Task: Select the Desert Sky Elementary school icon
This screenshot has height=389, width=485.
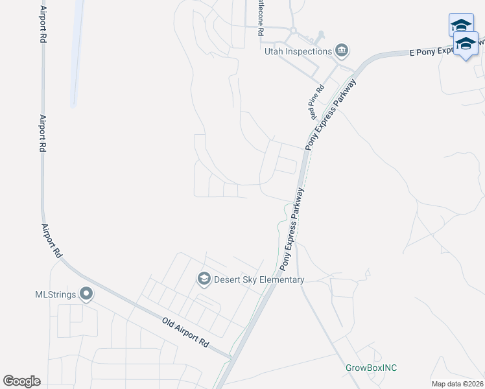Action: [x=204, y=279]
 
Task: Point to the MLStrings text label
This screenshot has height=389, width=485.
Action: [x=55, y=294]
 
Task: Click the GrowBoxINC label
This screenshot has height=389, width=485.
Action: [x=370, y=368]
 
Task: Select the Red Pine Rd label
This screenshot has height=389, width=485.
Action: [x=316, y=102]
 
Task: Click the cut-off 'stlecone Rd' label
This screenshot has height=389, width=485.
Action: [x=260, y=19]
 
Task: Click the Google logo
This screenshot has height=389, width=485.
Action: [x=21, y=381]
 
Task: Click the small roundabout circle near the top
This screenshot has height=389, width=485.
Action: [x=293, y=30]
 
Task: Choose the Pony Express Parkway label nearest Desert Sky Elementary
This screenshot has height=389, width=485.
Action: [x=291, y=230]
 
